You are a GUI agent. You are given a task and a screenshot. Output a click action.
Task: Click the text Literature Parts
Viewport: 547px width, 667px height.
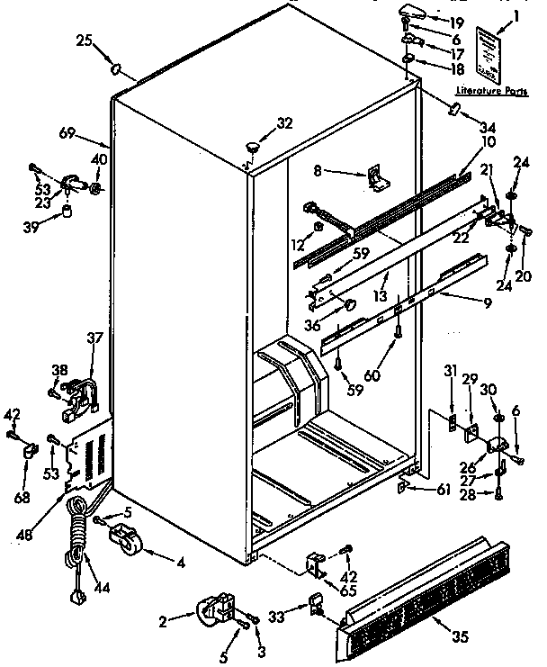click(x=490, y=91)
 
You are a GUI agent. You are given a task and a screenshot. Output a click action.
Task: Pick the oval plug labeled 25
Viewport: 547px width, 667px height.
click(x=116, y=68)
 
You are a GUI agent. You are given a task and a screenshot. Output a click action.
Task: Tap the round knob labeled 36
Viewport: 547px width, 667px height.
click(x=345, y=308)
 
